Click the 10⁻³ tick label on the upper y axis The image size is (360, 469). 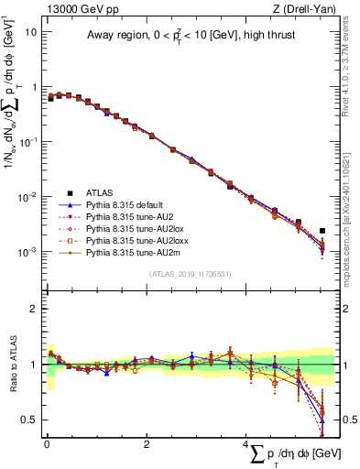[x=27, y=252]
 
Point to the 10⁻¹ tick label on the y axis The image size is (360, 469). [x=27, y=142]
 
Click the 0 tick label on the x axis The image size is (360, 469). [x=45, y=443]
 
